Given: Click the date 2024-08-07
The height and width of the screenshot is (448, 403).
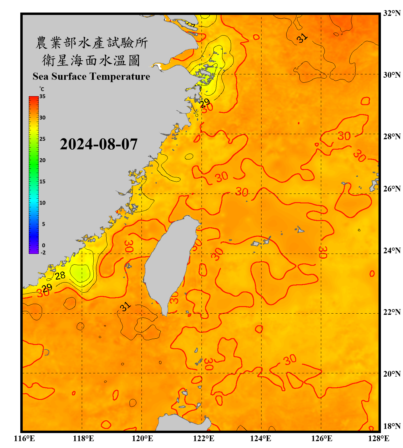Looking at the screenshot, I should (x=99, y=144).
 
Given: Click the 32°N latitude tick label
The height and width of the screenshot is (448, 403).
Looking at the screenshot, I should (x=392, y=13).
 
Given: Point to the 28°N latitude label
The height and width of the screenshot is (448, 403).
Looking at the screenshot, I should (x=392, y=136).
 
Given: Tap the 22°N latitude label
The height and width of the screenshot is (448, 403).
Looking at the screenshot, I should (x=392, y=312).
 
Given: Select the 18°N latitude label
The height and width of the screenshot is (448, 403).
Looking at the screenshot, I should (x=392, y=426).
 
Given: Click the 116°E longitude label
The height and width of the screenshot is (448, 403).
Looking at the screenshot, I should (x=24, y=438).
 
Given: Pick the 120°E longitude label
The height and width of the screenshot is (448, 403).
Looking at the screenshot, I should (x=143, y=438).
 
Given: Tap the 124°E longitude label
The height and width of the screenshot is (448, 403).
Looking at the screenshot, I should (x=261, y=438).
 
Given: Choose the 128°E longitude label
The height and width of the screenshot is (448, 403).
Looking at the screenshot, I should (x=379, y=438).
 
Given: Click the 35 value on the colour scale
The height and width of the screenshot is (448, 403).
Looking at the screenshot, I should (x=42, y=96).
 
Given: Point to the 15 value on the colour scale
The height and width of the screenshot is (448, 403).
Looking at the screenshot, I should (x=42, y=182).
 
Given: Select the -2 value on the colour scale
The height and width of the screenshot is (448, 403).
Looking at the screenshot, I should (x=43, y=253).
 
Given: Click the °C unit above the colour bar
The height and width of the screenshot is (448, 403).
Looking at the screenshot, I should (x=42, y=89).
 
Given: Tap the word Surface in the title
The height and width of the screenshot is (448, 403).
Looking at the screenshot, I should (x=69, y=76).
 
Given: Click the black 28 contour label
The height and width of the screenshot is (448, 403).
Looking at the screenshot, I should (x=60, y=275).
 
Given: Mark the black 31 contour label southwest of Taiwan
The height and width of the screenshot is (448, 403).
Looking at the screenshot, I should (x=125, y=306).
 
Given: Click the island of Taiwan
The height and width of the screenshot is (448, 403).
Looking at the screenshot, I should (x=169, y=263).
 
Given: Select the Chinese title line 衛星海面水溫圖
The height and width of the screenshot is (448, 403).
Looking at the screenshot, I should (x=91, y=60).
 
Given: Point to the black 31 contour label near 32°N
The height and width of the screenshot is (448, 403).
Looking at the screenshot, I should (x=302, y=38).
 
